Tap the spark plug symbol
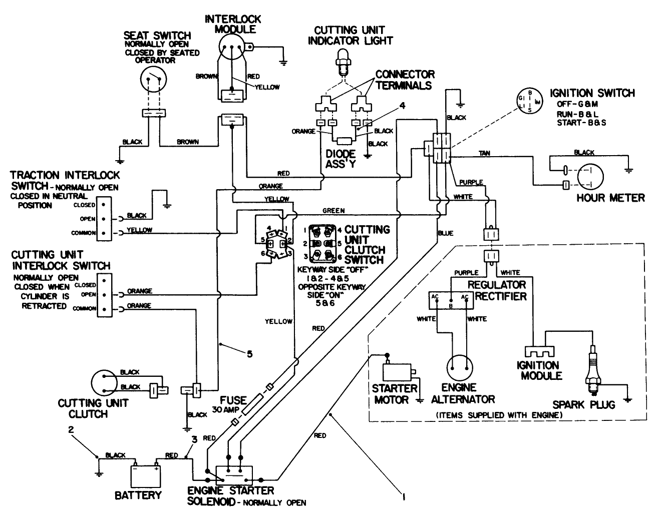tap(593, 368)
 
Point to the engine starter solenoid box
tap(234, 473)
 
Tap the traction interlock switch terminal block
tap(104, 219)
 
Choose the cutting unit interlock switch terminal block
tap(104, 295)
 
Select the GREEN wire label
tap(333, 211)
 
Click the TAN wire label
tap(484, 153)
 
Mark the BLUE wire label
tap(445, 233)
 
